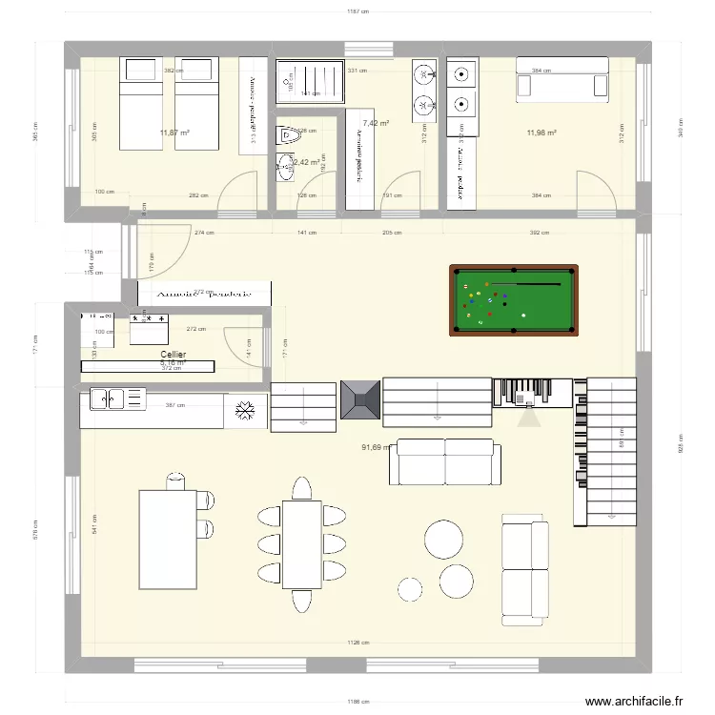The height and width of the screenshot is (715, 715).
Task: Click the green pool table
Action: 515,300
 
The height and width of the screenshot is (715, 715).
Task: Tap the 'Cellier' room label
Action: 173,355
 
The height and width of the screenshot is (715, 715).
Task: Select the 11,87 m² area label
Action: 174,133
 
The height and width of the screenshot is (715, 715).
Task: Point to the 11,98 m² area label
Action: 541,133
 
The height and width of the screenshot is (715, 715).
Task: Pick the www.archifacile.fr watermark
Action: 634,702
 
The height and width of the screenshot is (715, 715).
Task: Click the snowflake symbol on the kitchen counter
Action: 246,411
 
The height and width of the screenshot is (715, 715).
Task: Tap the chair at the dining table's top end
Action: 301,489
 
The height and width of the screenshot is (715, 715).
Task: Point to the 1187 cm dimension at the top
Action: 357,12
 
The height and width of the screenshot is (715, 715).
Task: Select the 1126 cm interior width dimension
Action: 359,643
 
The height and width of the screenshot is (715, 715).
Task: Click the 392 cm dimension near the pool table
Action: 541,233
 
